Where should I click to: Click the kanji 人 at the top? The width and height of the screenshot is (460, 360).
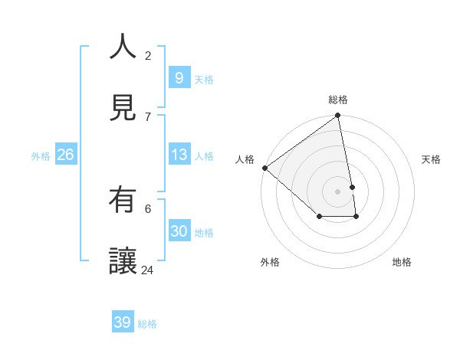(x=123, y=46)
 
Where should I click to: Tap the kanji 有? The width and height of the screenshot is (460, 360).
(x=123, y=200)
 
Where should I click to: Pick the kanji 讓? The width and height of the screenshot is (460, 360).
(x=123, y=261)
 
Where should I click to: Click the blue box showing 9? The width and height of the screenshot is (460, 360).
(x=179, y=78)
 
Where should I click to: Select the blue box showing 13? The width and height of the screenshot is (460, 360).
(x=179, y=155)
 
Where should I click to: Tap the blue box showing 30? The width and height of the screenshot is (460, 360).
(x=179, y=231)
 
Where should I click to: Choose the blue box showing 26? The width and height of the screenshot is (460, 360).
(x=65, y=155)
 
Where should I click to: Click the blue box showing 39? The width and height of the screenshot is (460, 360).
(x=123, y=322)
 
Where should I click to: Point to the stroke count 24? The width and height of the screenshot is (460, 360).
(x=147, y=270)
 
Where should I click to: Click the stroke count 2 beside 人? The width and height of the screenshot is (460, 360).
(x=148, y=55)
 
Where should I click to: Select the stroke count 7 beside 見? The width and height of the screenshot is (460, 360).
(x=148, y=116)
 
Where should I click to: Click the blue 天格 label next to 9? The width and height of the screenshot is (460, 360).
(x=203, y=79)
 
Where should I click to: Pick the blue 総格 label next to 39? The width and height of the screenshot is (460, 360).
(x=147, y=323)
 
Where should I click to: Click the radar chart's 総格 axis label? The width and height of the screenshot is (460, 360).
(x=338, y=100)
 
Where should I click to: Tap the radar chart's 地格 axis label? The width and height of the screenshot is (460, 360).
(x=402, y=262)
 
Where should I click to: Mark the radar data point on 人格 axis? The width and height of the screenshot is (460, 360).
(x=264, y=168)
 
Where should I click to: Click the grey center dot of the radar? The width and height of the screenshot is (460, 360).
(x=337, y=191)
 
